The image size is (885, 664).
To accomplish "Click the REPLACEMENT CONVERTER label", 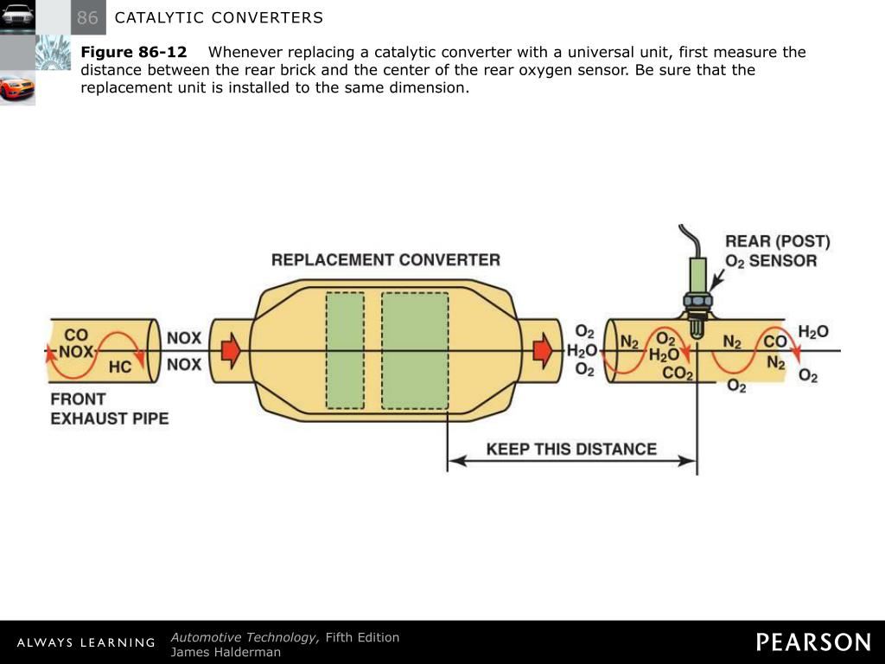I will point(385,259).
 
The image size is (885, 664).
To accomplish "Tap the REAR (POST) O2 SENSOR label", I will point(776,251).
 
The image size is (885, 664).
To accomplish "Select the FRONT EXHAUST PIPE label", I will point(109,409).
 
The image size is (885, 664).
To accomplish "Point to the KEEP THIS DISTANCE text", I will point(571,449).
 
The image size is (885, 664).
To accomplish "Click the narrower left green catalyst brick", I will point(345,350).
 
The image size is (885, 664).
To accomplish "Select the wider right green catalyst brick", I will point(415,350).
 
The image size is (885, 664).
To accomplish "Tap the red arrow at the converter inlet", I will point(231,350).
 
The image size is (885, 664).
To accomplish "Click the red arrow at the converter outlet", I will point(543,350).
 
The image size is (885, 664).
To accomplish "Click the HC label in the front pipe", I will point(120,367).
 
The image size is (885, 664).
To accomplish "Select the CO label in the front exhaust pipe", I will point(76,335).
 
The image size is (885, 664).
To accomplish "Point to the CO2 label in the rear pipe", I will point(678,373).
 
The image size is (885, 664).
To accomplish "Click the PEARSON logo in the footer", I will point(813,642).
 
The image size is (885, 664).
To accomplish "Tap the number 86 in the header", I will point(87,18).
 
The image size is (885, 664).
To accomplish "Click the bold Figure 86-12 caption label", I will point(134,52).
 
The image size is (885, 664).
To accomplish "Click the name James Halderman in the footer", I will point(226,652).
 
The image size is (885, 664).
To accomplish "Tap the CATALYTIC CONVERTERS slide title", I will point(219,18).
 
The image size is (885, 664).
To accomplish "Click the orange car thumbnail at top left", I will point(17,88).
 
